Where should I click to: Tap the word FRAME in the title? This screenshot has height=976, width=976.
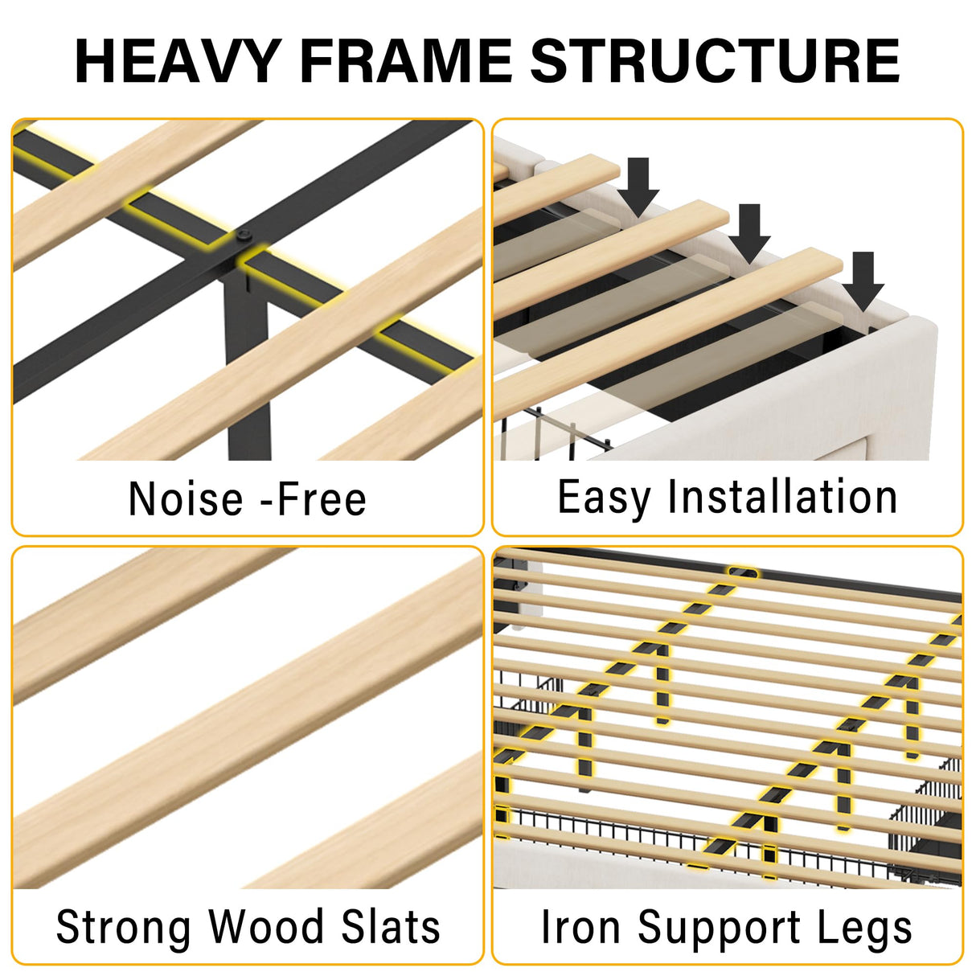coord(406,61)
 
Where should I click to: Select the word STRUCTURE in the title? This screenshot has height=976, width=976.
coord(715,61)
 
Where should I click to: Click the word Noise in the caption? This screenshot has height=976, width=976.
coord(186,499)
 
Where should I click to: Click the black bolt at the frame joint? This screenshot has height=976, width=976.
coord(244,235)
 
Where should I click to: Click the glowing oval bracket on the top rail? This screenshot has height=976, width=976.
coord(743,573)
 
